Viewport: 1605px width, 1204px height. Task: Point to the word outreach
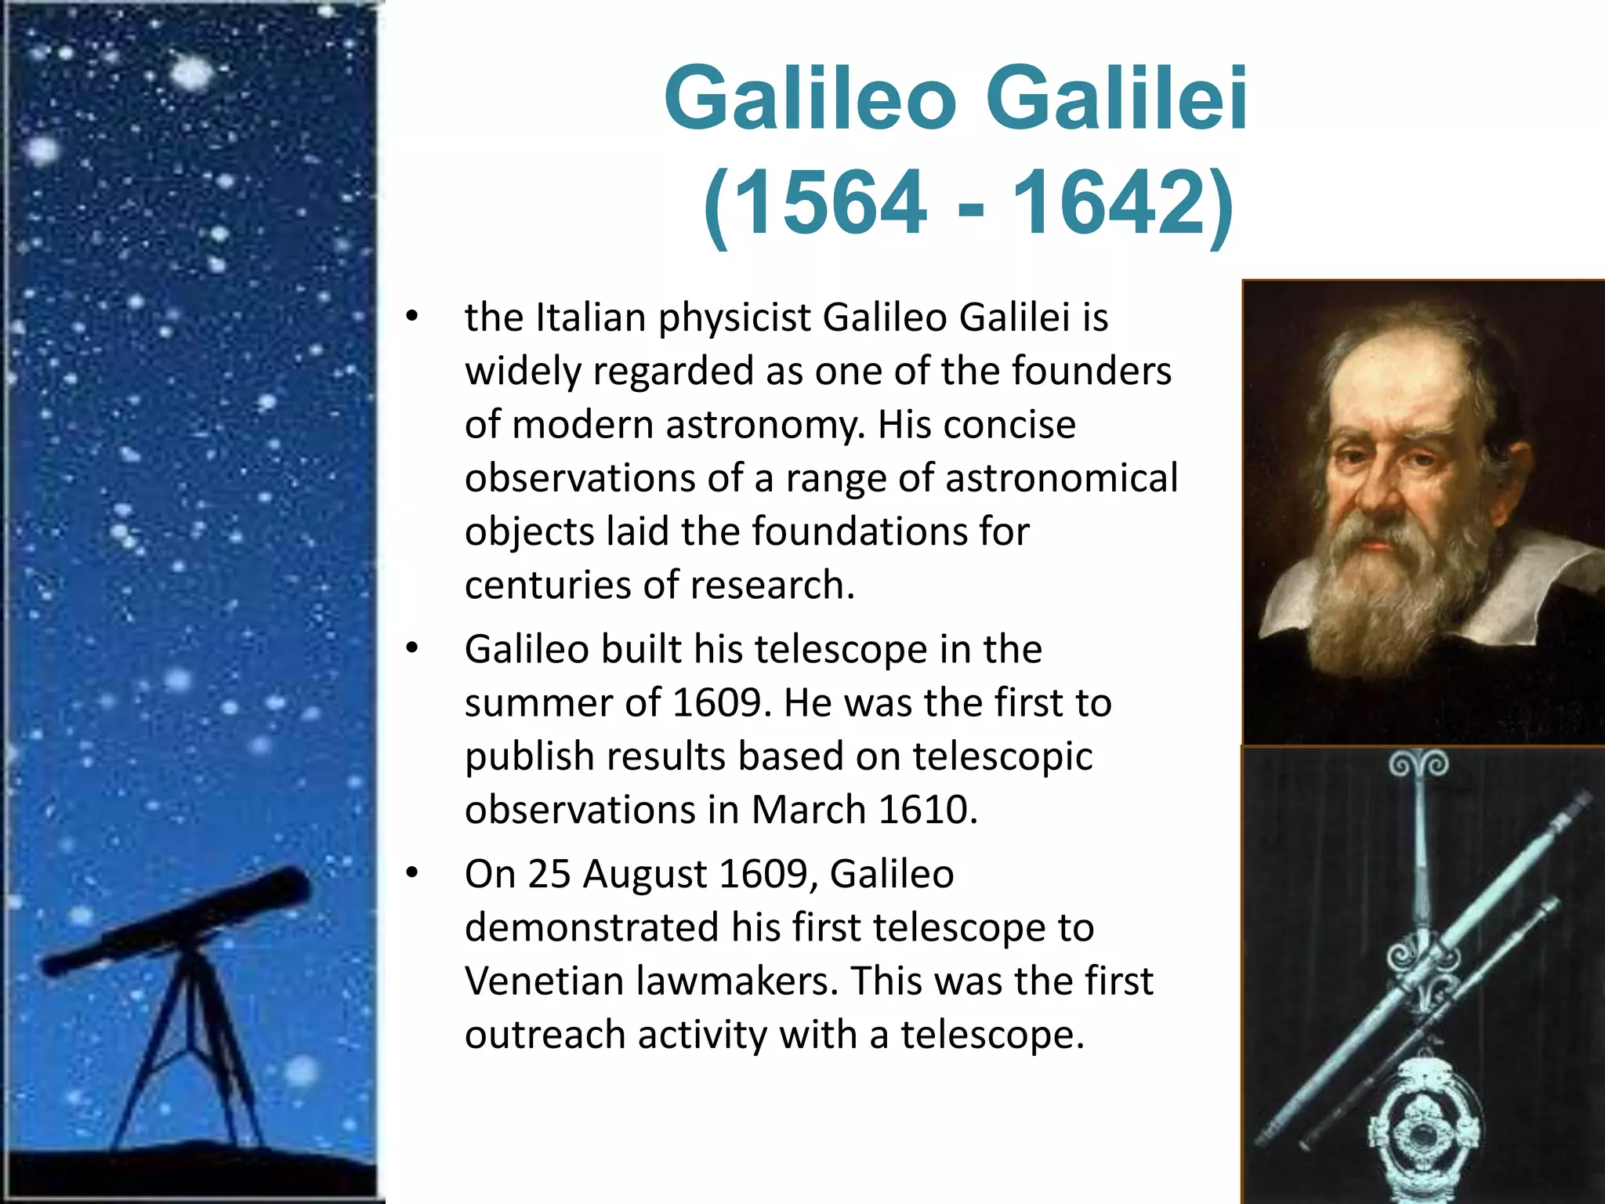coord(545,1035)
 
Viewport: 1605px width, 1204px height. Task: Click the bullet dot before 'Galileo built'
coord(413,649)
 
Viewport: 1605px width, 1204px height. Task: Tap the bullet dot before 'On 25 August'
coord(413,873)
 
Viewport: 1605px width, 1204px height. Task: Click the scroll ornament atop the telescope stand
coord(1418,764)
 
